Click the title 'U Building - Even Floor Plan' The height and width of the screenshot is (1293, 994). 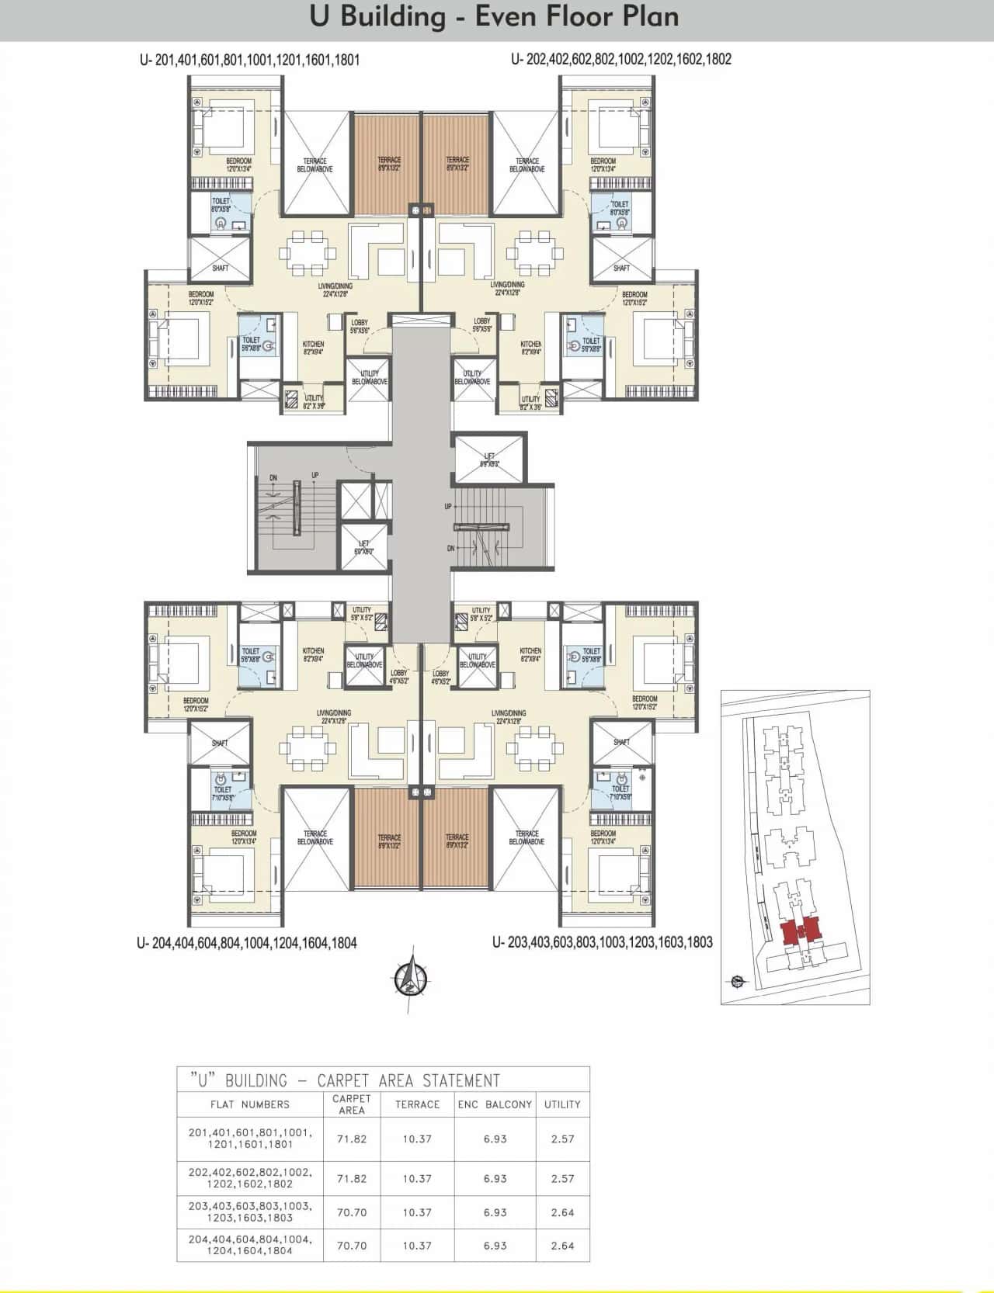tap(494, 17)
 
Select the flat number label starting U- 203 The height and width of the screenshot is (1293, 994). tap(602, 942)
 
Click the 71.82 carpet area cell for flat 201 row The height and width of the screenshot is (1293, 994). tap(351, 1139)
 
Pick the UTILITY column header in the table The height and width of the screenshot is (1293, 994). tap(562, 1104)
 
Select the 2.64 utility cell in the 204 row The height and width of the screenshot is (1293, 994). tap(562, 1245)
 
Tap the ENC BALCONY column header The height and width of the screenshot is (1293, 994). tap(495, 1104)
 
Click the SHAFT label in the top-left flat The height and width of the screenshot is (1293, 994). tap(221, 269)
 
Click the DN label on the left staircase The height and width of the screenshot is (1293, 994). tap(273, 478)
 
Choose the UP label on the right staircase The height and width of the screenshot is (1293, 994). tap(448, 506)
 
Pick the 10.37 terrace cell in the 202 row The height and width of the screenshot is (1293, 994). tap(417, 1178)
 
